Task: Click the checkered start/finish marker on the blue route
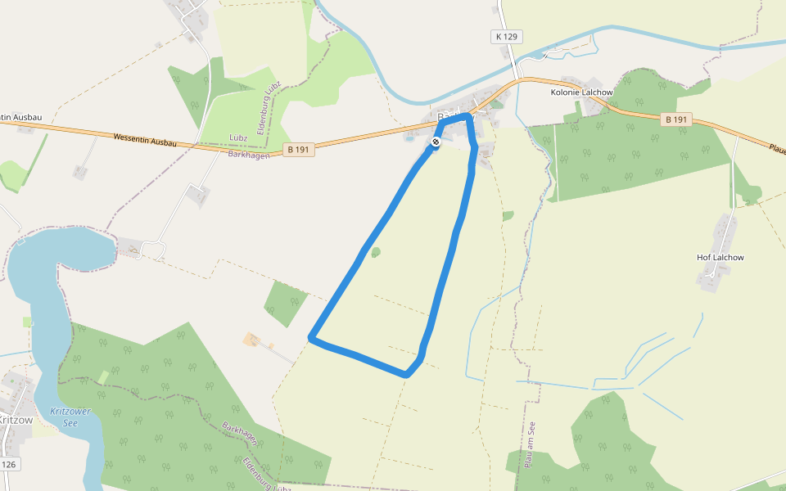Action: click(x=436, y=142)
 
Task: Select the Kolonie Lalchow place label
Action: click(x=581, y=92)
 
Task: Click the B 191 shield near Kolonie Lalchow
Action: click(x=677, y=119)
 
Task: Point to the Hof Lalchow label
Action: click(x=720, y=257)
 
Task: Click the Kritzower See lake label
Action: click(x=70, y=417)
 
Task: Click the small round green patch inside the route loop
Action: click(x=376, y=252)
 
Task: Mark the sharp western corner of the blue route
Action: click(x=311, y=336)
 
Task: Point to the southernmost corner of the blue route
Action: click(x=406, y=374)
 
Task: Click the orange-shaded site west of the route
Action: click(x=251, y=339)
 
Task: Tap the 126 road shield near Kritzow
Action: click(x=8, y=465)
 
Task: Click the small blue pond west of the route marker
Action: click(x=409, y=137)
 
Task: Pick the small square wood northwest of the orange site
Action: click(x=286, y=303)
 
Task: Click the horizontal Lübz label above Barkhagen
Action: click(x=238, y=137)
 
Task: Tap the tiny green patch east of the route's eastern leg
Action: click(x=508, y=216)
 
